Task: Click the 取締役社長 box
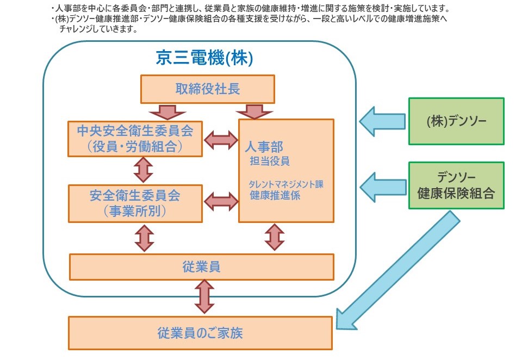click(x=208, y=89)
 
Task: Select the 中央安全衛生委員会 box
click(x=135, y=139)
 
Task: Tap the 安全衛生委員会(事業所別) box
click(x=135, y=203)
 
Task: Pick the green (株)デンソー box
click(x=456, y=121)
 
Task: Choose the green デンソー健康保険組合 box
click(x=456, y=185)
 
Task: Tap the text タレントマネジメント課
click(x=286, y=184)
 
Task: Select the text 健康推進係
click(x=275, y=195)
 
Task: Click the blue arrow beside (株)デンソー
click(x=382, y=121)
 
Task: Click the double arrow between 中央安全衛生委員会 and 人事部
click(x=221, y=139)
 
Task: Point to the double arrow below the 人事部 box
click(x=275, y=238)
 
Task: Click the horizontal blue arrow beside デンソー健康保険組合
click(x=382, y=185)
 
